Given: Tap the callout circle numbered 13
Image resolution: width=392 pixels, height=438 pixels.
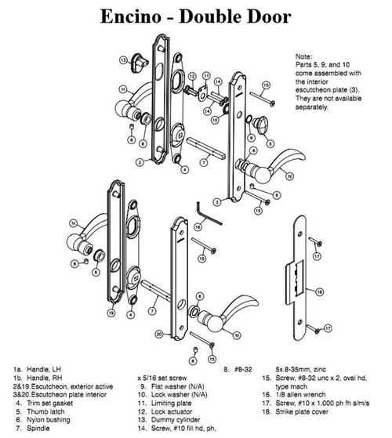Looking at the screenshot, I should click(124, 60).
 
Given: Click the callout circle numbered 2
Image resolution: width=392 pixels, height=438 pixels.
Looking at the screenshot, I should click(138, 162).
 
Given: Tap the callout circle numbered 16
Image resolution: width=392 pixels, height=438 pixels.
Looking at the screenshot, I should click(198, 227).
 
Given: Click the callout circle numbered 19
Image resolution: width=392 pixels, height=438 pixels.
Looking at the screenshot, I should click(111, 313).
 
